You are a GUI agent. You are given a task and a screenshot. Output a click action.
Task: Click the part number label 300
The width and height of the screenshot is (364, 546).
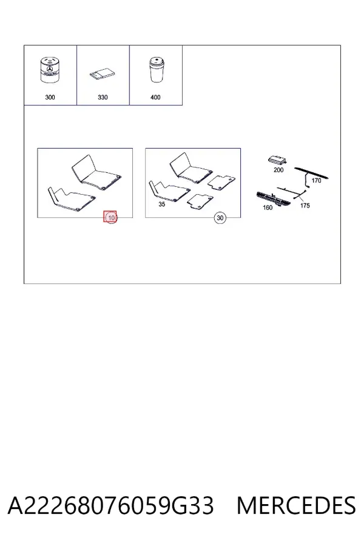click(x=50, y=97)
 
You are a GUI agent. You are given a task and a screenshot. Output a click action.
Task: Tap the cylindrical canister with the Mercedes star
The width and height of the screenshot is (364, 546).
click(x=49, y=70)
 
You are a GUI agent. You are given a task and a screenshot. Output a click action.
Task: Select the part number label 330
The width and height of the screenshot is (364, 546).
click(x=103, y=97)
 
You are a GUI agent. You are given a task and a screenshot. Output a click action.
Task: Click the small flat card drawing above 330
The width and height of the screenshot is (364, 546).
click(x=103, y=75)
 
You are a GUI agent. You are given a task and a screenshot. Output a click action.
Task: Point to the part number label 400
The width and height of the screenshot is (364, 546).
click(x=155, y=97)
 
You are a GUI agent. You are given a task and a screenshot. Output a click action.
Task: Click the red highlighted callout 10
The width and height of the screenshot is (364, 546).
click(x=110, y=218)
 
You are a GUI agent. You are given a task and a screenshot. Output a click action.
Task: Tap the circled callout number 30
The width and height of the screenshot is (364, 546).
click(x=220, y=218)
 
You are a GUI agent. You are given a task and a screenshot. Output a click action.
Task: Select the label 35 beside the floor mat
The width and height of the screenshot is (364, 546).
click(x=161, y=204)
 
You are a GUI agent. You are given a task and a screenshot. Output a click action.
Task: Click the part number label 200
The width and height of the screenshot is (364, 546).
click(x=278, y=170)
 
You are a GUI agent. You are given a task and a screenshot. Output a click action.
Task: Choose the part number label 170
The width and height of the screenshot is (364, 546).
click(x=316, y=180)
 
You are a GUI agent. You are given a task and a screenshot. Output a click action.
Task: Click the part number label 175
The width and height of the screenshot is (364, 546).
click(x=305, y=206)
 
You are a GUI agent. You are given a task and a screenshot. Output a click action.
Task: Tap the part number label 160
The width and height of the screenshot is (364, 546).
click(x=268, y=208)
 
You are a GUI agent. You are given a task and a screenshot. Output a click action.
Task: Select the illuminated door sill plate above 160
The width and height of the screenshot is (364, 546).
click(x=274, y=200)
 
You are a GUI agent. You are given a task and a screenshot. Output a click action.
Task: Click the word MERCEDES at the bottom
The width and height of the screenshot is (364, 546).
click(x=297, y=505)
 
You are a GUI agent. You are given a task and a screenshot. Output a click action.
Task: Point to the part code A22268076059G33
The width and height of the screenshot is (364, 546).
click(x=110, y=505)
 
